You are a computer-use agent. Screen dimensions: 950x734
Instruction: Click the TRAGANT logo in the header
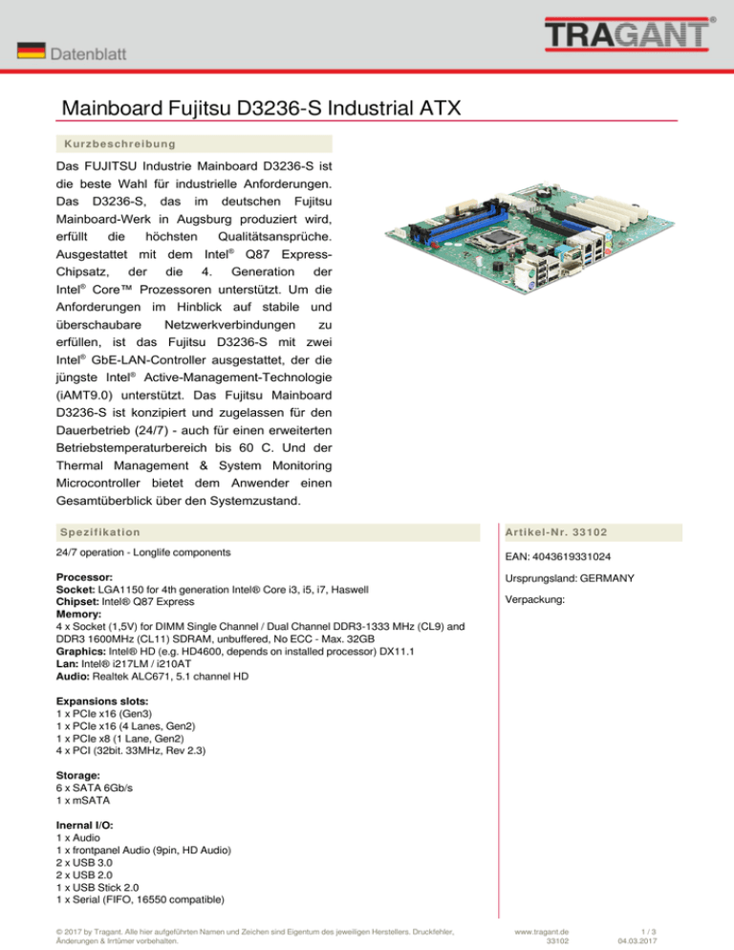pos(630,35)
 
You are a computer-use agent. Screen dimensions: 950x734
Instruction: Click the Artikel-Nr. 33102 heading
pos(560,531)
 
